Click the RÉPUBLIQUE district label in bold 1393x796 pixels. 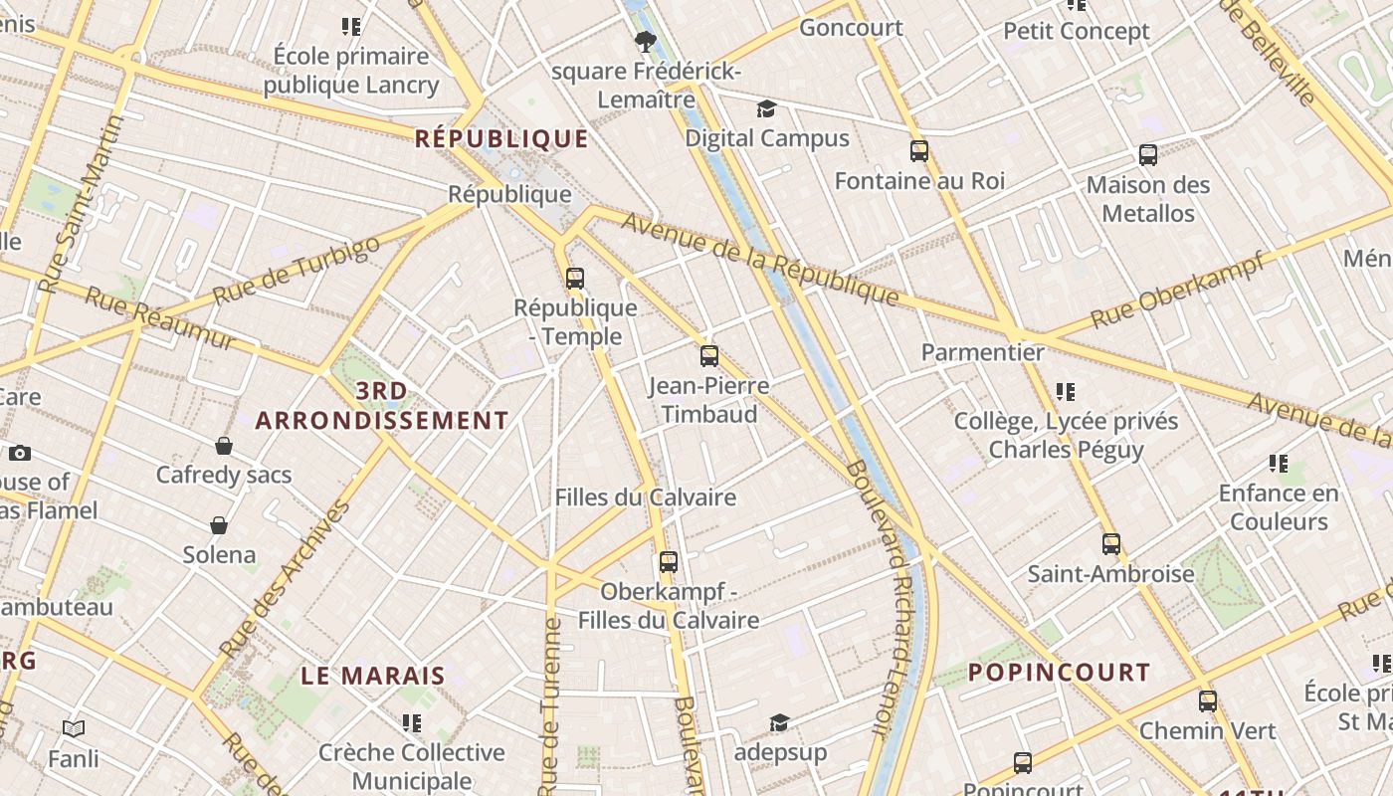(x=501, y=138)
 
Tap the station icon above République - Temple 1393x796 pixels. (x=575, y=279)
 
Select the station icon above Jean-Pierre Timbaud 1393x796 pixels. (x=709, y=356)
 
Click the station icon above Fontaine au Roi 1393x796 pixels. (x=919, y=151)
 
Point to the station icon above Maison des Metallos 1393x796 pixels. (x=1148, y=155)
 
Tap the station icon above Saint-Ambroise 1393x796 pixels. (x=1111, y=544)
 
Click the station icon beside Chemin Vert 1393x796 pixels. (x=1208, y=701)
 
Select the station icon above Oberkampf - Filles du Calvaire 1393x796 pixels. (x=669, y=562)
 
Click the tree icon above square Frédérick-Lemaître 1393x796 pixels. (x=646, y=41)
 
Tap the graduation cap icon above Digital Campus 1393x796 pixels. (x=766, y=108)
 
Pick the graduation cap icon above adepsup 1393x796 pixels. (x=780, y=722)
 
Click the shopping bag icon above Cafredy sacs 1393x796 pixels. (x=224, y=446)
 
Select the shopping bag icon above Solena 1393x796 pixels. (x=219, y=525)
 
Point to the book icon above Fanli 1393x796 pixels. (x=74, y=729)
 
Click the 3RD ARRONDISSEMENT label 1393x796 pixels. (x=382, y=405)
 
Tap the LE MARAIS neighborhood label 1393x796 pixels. (x=373, y=676)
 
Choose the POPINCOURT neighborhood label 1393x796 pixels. (x=1059, y=672)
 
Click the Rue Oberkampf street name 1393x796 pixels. (x=1177, y=291)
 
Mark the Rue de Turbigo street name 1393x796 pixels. (x=297, y=270)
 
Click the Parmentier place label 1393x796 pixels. (x=982, y=352)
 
